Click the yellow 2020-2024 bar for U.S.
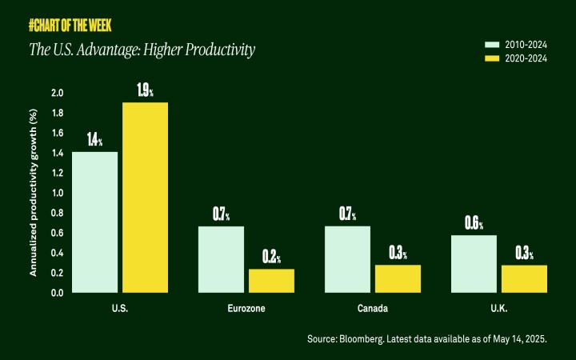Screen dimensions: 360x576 point(145,198)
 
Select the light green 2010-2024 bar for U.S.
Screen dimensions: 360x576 point(95,222)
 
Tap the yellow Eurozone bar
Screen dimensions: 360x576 point(271,281)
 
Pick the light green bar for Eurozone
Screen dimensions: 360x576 point(222,259)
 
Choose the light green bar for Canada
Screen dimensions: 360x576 point(348,259)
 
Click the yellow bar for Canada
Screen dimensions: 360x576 point(398,278)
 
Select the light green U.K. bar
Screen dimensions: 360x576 point(474,264)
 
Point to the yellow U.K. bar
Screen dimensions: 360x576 point(524,278)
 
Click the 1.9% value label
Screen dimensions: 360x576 point(145,90)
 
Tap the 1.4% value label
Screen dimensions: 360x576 point(94,140)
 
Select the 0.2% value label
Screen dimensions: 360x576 point(271,257)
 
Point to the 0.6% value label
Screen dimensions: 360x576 point(474,223)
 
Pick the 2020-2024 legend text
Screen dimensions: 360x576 point(526,59)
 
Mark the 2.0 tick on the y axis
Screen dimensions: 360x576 point(57,93)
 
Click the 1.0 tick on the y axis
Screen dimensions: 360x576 point(57,193)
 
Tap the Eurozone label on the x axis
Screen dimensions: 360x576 point(246,308)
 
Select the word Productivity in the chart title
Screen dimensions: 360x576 point(218,51)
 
